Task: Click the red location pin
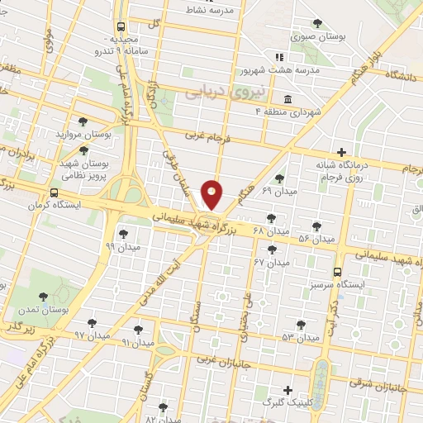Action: [x=212, y=195]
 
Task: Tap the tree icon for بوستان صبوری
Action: [x=318, y=23]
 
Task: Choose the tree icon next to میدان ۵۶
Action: [x=316, y=226]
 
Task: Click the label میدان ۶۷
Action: [x=272, y=262]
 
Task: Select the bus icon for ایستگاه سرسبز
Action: [x=337, y=271]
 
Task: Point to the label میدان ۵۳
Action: [x=300, y=338]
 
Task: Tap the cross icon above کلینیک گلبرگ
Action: [x=288, y=390]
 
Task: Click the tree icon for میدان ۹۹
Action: [x=123, y=234]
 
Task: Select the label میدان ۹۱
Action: [x=138, y=341]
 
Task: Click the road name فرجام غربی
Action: [x=203, y=133]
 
